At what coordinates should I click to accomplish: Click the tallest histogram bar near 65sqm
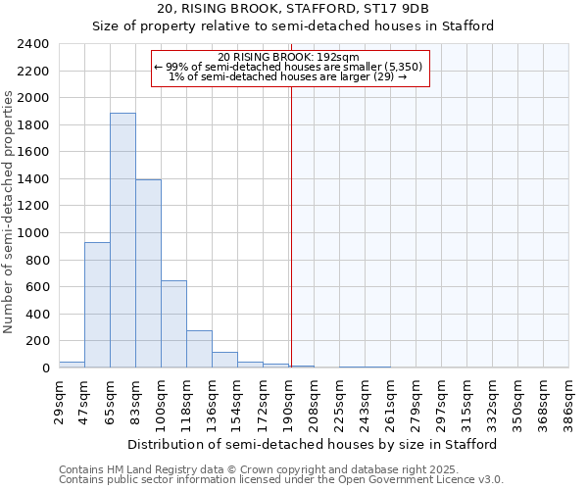[122, 240]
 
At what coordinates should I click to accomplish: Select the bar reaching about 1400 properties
[148, 273]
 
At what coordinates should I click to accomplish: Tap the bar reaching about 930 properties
[97, 305]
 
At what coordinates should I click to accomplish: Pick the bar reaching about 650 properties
[173, 323]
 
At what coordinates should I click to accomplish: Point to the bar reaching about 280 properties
[199, 349]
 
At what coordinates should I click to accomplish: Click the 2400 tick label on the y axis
[33, 44]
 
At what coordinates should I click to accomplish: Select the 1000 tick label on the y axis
[33, 233]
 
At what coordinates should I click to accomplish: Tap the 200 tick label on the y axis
[37, 341]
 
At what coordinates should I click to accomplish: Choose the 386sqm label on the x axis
[569, 400]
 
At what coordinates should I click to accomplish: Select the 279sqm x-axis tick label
[416, 400]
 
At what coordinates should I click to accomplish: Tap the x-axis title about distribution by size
[313, 444]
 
